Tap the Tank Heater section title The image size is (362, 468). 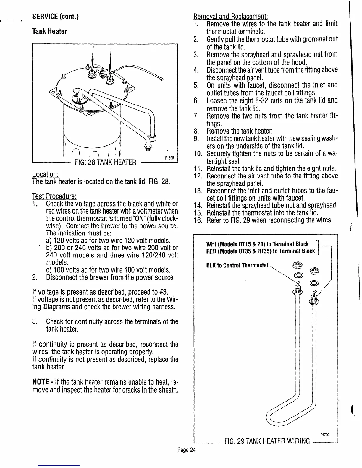click(49, 31)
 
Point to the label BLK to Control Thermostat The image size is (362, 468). click(237, 265)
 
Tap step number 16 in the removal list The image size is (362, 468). click(198, 220)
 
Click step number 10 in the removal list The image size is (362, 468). click(198, 154)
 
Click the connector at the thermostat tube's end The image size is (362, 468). click(161, 79)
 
